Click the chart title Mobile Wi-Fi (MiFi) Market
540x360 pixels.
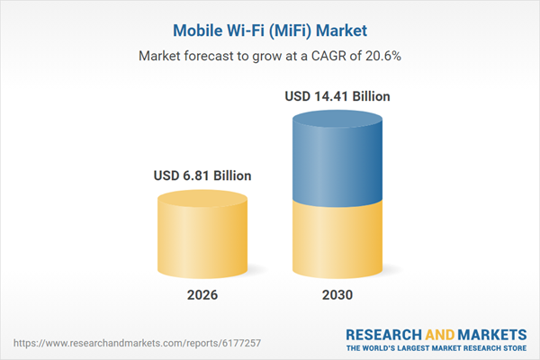[x=269, y=31]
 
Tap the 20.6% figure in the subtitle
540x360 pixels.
[x=382, y=56]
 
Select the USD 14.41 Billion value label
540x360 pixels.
[x=337, y=95]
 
